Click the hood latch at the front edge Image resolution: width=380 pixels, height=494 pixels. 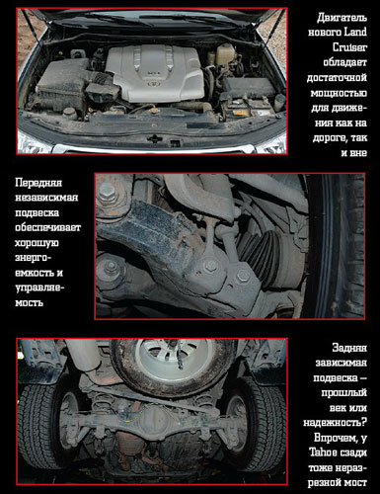pyautogui.click(x=153, y=138)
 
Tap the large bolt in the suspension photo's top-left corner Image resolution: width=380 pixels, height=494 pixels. pyautogui.click(x=107, y=194)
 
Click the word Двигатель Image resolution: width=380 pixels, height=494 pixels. pyautogui.click(x=342, y=18)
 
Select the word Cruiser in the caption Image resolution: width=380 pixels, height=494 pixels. pyautogui.click(x=349, y=47)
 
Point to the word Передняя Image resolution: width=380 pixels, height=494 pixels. pyautogui.click(x=38, y=183)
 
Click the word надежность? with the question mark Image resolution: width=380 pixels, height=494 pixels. pyautogui.click(x=335, y=422)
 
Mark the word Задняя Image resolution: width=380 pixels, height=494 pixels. pyautogui.click(x=349, y=348)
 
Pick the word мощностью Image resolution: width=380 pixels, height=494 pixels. pyautogui.click(x=339, y=93)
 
